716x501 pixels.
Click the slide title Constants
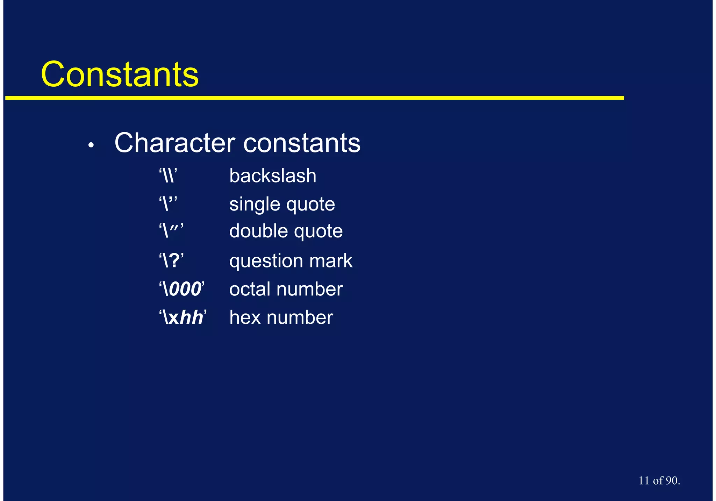click(120, 74)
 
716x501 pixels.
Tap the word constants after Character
click(302, 143)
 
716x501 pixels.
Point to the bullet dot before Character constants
click(91, 145)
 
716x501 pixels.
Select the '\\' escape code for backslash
click(168, 175)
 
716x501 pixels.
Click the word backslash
click(273, 176)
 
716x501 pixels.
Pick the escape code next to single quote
click(168, 203)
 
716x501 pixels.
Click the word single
click(256, 204)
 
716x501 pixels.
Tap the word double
click(258, 231)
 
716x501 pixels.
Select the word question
click(266, 261)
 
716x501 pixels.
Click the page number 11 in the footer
click(644, 480)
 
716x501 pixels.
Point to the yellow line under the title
click(315, 98)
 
